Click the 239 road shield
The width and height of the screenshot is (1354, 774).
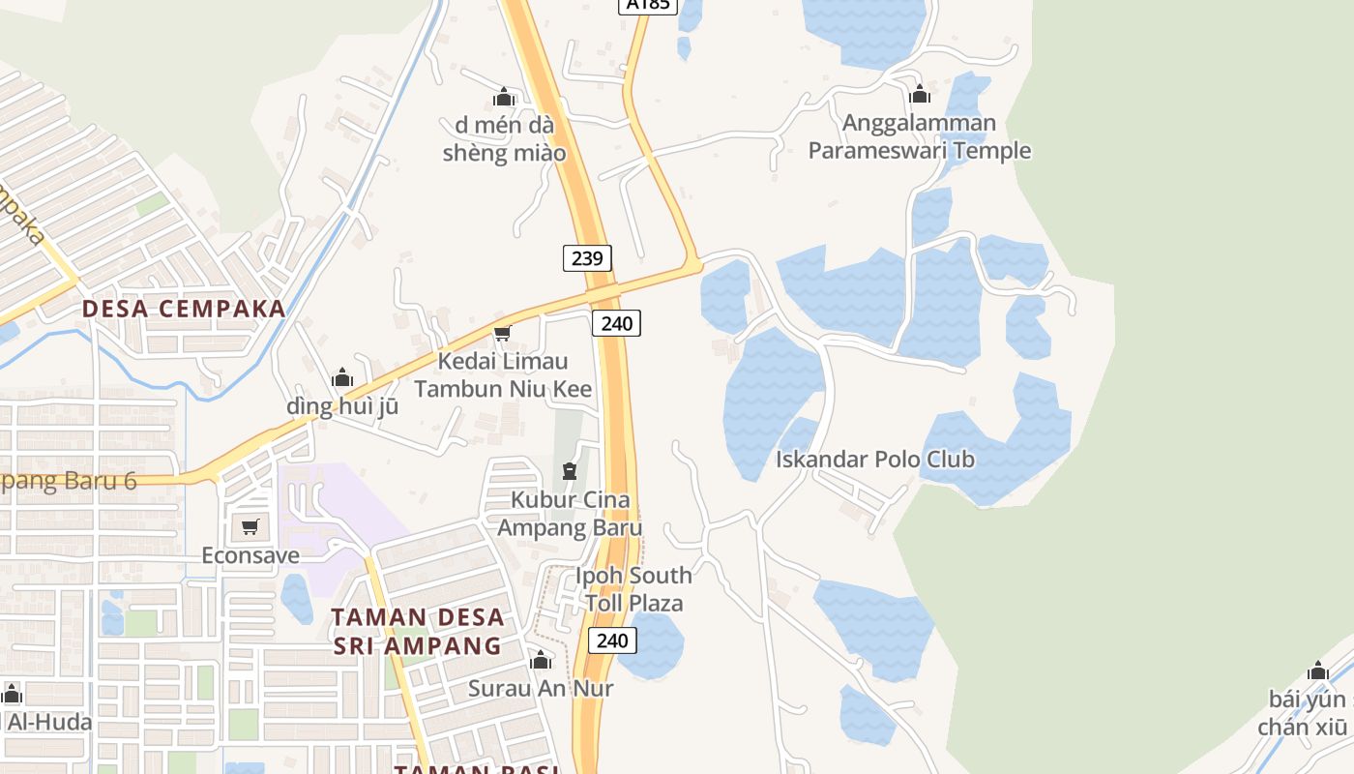tap(587, 257)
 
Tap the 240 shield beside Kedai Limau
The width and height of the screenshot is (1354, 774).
tap(616, 323)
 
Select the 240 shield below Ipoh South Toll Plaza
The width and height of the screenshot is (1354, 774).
tap(612, 640)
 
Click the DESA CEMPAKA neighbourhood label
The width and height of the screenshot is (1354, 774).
tap(184, 309)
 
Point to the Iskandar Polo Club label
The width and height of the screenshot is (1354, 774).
tap(875, 459)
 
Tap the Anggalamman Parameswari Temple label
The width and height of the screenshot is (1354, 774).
tap(920, 136)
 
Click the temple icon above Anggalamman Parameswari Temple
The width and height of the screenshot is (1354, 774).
tap(920, 95)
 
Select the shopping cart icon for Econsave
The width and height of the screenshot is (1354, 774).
tap(250, 527)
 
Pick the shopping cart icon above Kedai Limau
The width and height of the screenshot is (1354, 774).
tap(502, 334)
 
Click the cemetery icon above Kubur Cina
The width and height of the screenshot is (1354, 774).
tap(570, 471)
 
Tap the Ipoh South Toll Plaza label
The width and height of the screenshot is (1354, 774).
tap(633, 588)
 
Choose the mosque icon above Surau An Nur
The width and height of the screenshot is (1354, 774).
tap(541, 661)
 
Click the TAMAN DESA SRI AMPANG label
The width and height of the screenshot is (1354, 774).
tap(418, 631)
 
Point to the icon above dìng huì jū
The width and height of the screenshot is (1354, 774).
tap(342, 378)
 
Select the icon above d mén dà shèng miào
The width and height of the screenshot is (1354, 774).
tap(503, 97)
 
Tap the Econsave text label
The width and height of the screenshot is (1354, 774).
tap(250, 555)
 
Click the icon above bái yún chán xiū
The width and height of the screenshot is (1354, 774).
tap(1317, 670)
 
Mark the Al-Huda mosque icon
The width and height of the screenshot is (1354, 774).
tap(12, 694)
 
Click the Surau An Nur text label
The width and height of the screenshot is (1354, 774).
tap(541, 688)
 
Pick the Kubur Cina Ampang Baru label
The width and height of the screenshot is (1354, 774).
tap(570, 514)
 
